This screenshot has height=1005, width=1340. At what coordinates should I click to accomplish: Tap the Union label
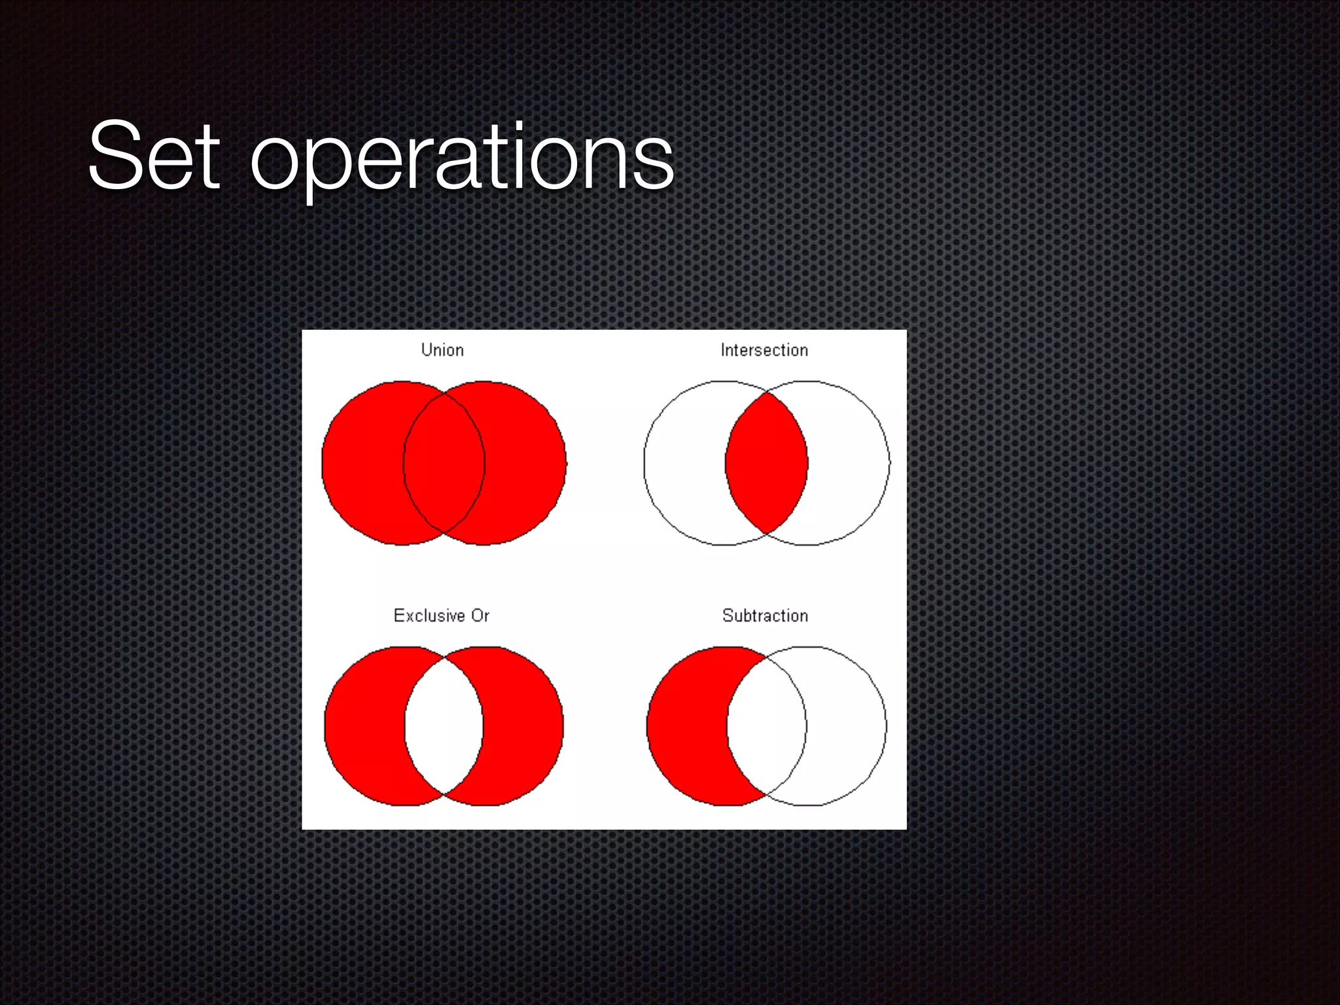click(442, 350)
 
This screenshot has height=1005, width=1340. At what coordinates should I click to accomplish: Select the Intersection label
click(764, 351)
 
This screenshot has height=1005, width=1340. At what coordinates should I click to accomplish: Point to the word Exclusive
click(429, 616)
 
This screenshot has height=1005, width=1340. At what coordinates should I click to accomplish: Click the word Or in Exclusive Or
click(480, 616)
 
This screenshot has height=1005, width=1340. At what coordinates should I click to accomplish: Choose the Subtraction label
click(765, 616)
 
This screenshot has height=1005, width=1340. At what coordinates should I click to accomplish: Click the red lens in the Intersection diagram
click(766, 463)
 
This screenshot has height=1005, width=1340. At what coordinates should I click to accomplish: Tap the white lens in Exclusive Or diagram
click(444, 726)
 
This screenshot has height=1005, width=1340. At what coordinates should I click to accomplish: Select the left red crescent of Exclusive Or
click(364, 726)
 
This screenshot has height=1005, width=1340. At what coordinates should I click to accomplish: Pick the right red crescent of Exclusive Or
click(523, 726)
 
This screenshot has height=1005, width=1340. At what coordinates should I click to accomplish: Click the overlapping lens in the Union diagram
click(444, 463)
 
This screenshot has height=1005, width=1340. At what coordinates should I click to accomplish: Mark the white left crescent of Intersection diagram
click(684, 463)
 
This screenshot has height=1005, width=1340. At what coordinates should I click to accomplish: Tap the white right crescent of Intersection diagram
click(849, 463)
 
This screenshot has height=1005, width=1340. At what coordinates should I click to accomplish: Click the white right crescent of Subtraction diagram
click(847, 726)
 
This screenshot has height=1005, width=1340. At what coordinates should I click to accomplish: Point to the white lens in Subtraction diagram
click(766, 726)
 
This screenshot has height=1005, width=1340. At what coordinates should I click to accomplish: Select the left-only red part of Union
click(362, 463)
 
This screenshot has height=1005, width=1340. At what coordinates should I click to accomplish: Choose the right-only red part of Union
click(526, 463)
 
